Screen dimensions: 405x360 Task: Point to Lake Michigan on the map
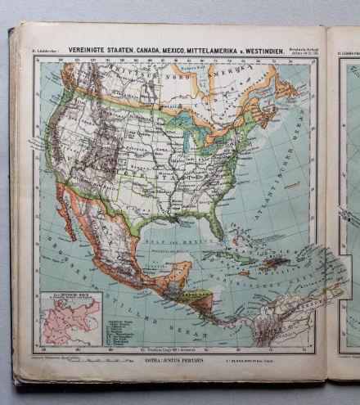[187, 138]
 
